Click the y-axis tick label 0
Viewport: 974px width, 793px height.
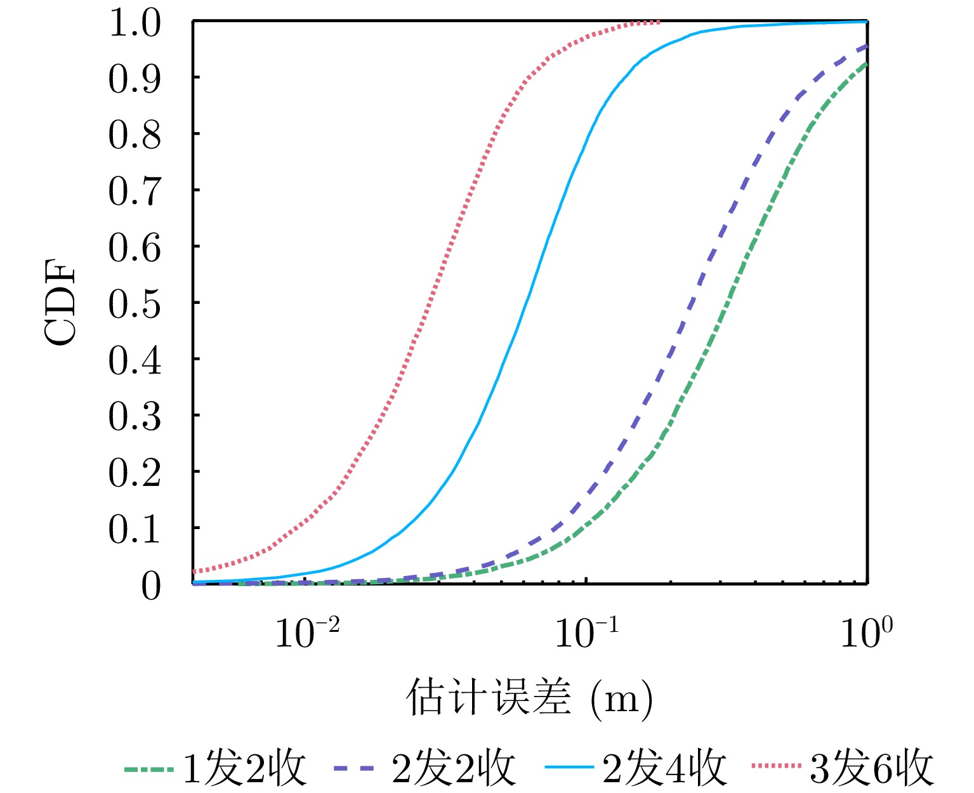pyautogui.click(x=151, y=586)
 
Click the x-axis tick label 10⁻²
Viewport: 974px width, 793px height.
pyautogui.click(x=307, y=633)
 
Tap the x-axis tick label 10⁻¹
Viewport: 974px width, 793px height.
pyautogui.click(x=587, y=633)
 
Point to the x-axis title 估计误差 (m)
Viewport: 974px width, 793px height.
pyautogui.click(x=529, y=698)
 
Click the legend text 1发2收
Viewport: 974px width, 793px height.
pyautogui.click(x=244, y=768)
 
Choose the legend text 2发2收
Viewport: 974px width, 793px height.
pyautogui.click(x=454, y=768)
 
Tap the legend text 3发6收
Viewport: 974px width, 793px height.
pyautogui.click(x=872, y=768)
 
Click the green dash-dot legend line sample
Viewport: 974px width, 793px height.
pyautogui.click(x=148, y=769)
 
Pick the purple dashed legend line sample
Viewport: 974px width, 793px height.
pyautogui.click(x=358, y=768)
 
